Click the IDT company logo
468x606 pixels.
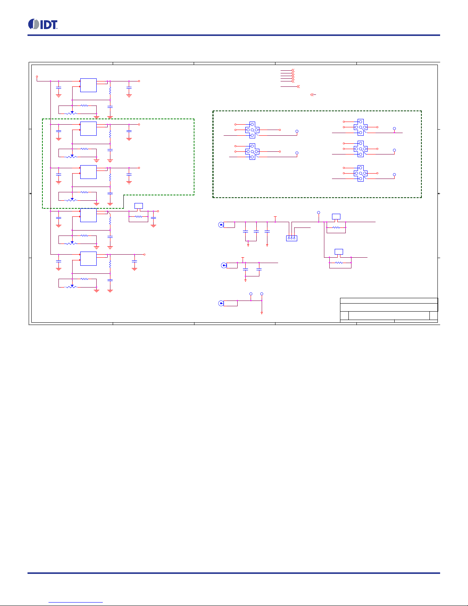pyautogui.click(x=43, y=24)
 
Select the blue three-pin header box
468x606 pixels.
pyautogui.click(x=291, y=238)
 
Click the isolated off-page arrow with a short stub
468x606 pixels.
pyautogui.click(x=313, y=95)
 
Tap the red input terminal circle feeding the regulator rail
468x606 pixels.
pyautogui.click(x=37, y=76)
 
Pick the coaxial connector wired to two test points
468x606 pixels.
pyautogui.click(x=221, y=303)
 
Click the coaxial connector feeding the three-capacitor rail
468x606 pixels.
pyautogui.click(x=221, y=225)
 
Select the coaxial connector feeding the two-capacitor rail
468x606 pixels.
pyautogui.click(x=224, y=265)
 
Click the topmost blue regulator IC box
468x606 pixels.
pyautogui.click(x=88, y=85)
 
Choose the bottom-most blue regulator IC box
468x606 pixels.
pyautogui.click(x=88, y=258)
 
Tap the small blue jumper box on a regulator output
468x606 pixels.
pyautogui.click(x=138, y=206)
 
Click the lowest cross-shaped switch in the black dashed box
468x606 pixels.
pyautogui.click(x=361, y=173)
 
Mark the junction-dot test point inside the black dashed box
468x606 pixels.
pyautogui.click(x=394, y=129)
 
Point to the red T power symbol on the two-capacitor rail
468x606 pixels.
pyautogui.click(x=243, y=259)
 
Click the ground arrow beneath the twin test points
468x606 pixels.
pyautogui.click(x=262, y=313)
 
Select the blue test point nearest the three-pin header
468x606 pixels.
pyautogui.click(x=318, y=213)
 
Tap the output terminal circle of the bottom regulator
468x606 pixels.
pyautogui.click(x=144, y=254)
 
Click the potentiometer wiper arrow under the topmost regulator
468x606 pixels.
pyautogui.click(x=72, y=112)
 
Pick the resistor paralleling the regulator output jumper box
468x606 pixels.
pyautogui.click(x=138, y=216)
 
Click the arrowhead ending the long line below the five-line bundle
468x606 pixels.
pyautogui.click(x=298, y=86)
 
